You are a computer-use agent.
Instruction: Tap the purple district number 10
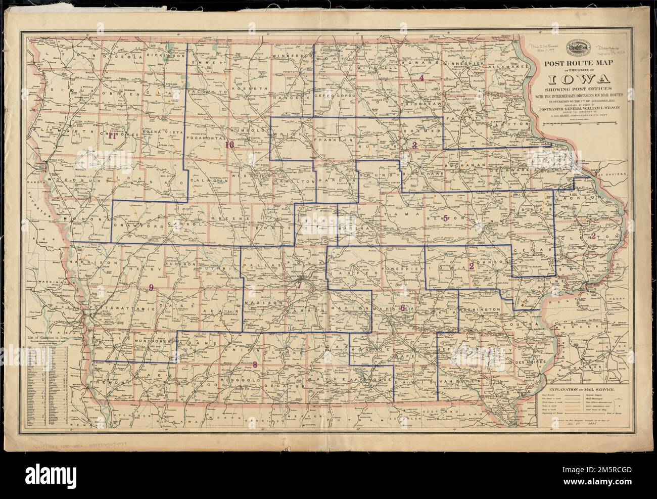coord(229,145)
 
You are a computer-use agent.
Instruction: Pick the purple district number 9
coord(150,288)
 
